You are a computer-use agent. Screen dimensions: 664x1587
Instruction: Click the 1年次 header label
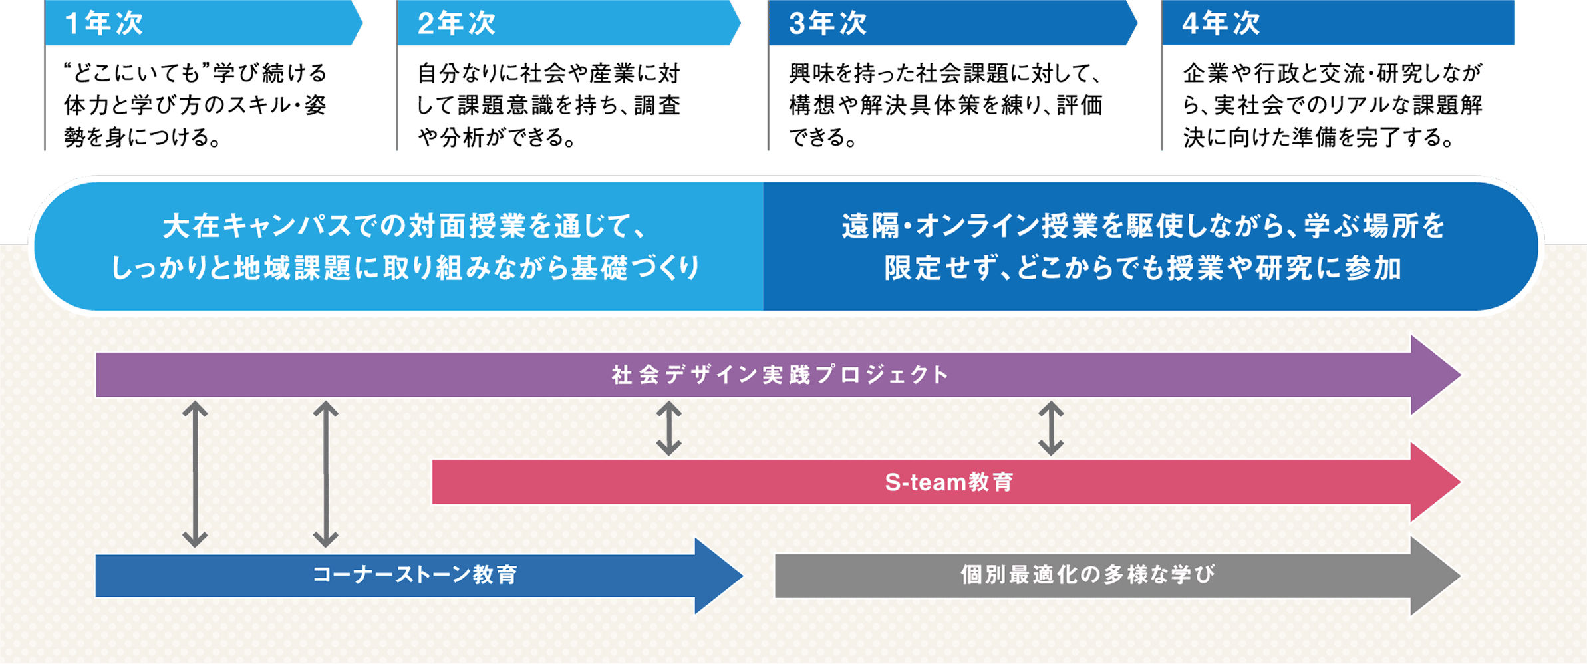[104, 23]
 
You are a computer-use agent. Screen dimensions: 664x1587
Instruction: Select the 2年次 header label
[456, 23]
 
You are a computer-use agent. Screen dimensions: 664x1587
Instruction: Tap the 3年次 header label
[827, 23]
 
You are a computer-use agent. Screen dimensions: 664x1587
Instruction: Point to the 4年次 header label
[1221, 23]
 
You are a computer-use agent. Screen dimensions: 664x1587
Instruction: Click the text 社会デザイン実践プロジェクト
[780, 375]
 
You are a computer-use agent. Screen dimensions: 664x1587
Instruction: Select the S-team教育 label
[948, 482]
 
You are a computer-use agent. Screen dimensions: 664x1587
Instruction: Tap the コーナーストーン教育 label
[415, 574]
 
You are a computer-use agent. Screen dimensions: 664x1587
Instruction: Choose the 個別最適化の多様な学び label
[1087, 574]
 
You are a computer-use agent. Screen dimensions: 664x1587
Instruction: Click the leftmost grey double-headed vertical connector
[195, 474]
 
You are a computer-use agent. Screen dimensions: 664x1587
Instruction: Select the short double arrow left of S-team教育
[668, 428]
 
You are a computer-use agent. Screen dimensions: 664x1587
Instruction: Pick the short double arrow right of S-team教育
[1051, 428]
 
